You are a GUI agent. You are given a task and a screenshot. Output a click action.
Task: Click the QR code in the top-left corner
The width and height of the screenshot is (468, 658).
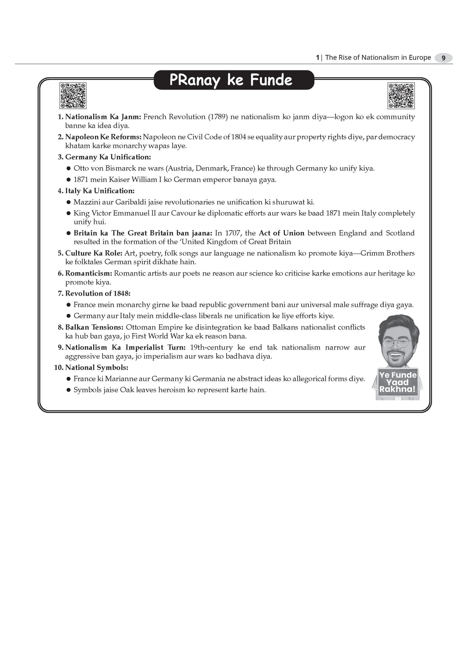(73, 96)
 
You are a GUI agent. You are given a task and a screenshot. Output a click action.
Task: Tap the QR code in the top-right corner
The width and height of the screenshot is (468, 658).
(401, 96)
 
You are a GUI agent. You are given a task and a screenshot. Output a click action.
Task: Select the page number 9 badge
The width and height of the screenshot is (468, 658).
(443, 58)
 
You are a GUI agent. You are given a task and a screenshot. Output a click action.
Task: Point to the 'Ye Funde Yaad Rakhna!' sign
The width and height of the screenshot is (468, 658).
(398, 382)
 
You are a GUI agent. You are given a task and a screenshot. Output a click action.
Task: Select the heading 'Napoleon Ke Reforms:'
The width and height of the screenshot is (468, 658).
(103, 137)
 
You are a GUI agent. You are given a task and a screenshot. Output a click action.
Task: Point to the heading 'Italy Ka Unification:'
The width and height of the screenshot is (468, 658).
(100, 191)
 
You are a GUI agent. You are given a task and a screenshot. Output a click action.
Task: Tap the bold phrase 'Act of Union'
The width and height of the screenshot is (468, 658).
(282, 233)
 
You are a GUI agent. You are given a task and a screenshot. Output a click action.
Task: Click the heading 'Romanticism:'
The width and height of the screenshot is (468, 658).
(89, 273)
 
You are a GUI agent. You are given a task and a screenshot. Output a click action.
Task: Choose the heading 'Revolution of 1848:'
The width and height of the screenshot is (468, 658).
(97, 293)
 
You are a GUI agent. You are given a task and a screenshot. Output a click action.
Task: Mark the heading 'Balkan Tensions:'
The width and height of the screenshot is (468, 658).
(94, 327)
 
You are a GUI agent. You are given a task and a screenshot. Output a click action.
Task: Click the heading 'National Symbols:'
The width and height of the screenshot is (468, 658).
(96, 367)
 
